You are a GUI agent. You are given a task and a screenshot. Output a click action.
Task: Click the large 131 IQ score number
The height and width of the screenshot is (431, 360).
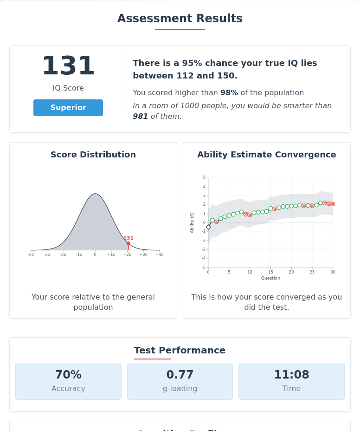(x=68, y=66)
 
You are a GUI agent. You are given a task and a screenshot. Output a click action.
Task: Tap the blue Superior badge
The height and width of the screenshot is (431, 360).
(x=68, y=108)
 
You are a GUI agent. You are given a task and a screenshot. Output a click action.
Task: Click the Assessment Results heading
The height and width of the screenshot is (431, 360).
(x=180, y=19)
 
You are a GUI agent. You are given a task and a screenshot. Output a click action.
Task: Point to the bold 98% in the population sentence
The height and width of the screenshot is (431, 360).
(x=229, y=93)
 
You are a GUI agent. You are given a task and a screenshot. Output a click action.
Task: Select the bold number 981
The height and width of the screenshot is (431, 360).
(x=140, y=117)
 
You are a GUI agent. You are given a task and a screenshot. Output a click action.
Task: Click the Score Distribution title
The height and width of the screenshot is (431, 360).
(x=93, y=155)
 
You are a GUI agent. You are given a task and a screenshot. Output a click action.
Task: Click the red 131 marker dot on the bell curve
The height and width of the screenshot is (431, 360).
(x=129, y=243)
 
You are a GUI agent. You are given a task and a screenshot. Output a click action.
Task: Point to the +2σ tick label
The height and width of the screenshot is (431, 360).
(x=128, y=255)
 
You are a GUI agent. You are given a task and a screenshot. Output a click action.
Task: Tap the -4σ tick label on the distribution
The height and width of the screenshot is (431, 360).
(x=31, y=255)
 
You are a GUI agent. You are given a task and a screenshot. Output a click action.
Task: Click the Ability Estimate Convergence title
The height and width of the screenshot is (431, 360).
(x=266, y=155)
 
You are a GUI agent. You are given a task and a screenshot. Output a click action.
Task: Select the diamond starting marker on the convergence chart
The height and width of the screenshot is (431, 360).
(x=208, y=227)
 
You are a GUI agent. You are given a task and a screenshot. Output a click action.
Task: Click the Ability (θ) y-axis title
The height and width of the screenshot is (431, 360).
(x=192, y=222)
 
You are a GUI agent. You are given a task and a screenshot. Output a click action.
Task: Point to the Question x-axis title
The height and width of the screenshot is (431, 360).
(x=270, y=278)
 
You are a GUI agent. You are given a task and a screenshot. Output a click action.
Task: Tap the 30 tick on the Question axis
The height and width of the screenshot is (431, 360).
(x=333, y=272)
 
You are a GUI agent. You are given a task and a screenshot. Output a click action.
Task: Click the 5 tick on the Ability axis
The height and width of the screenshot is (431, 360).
(x=204, y=178)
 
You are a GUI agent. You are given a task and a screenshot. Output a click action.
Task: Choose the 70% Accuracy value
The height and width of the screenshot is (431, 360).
(x=68, y=375)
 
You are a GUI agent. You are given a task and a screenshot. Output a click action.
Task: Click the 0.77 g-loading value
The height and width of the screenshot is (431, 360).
(x=180, y=375)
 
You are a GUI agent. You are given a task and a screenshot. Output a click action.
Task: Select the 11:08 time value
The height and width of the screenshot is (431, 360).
(x=291, y=375)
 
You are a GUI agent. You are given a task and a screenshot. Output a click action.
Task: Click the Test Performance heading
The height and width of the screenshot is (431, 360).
(x=180, y=351)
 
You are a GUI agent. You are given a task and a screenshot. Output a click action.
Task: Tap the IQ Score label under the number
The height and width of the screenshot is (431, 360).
(x=68, y=88)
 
